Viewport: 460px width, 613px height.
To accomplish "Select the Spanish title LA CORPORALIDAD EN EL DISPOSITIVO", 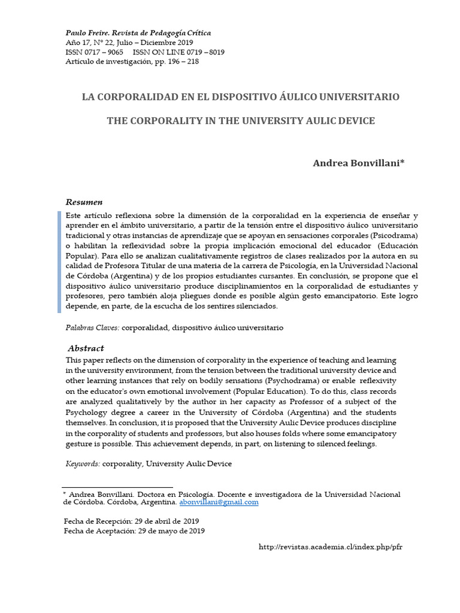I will tap(240, 96).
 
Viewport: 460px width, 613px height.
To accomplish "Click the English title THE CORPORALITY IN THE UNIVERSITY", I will tap(241, 120).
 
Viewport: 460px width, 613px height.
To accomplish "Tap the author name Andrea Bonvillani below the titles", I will tap(359, 163).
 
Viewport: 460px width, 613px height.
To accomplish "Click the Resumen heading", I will tap(84, 202).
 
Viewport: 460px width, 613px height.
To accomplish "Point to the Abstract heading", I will tap(86, 348).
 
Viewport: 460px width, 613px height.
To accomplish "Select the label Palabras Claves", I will tap(92, 328).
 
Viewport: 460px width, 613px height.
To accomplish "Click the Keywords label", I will tap(83, 463).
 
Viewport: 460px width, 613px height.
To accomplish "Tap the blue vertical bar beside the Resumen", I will tap(60, 262).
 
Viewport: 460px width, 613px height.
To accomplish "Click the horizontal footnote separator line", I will tap(117, 487).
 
